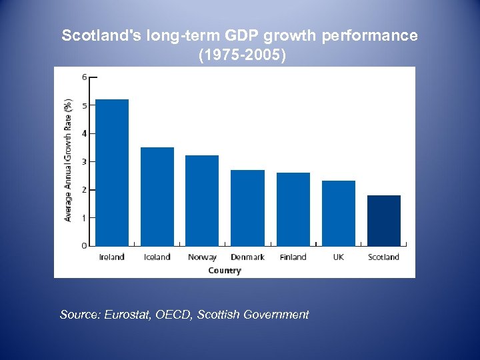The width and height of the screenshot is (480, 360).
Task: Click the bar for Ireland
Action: [112, 173]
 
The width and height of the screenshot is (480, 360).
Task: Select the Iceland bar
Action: [157, 197]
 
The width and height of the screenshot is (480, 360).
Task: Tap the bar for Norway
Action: [202, 201]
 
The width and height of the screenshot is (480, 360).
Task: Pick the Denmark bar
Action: [247, 208]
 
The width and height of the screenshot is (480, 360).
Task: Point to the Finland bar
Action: [293, 209]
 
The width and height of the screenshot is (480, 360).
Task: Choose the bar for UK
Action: [339, 213]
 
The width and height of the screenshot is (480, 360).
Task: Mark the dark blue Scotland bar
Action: [384, 221]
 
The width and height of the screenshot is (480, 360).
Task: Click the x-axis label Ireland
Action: [112, 257]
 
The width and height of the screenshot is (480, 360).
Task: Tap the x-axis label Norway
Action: [202, 257]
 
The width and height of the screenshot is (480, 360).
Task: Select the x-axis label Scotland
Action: [384, 257]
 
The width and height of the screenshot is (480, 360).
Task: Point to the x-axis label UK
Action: [339, 257]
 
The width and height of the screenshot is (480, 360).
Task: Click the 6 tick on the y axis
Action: [84, 77]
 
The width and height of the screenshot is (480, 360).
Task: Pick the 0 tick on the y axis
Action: [84, 246]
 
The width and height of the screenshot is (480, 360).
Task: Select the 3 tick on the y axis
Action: [84, 162]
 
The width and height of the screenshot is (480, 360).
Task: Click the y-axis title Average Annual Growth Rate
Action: [68, 161]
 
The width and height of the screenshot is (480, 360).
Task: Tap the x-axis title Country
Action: [225, 270]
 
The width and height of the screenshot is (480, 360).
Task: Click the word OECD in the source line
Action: [173, 315]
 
